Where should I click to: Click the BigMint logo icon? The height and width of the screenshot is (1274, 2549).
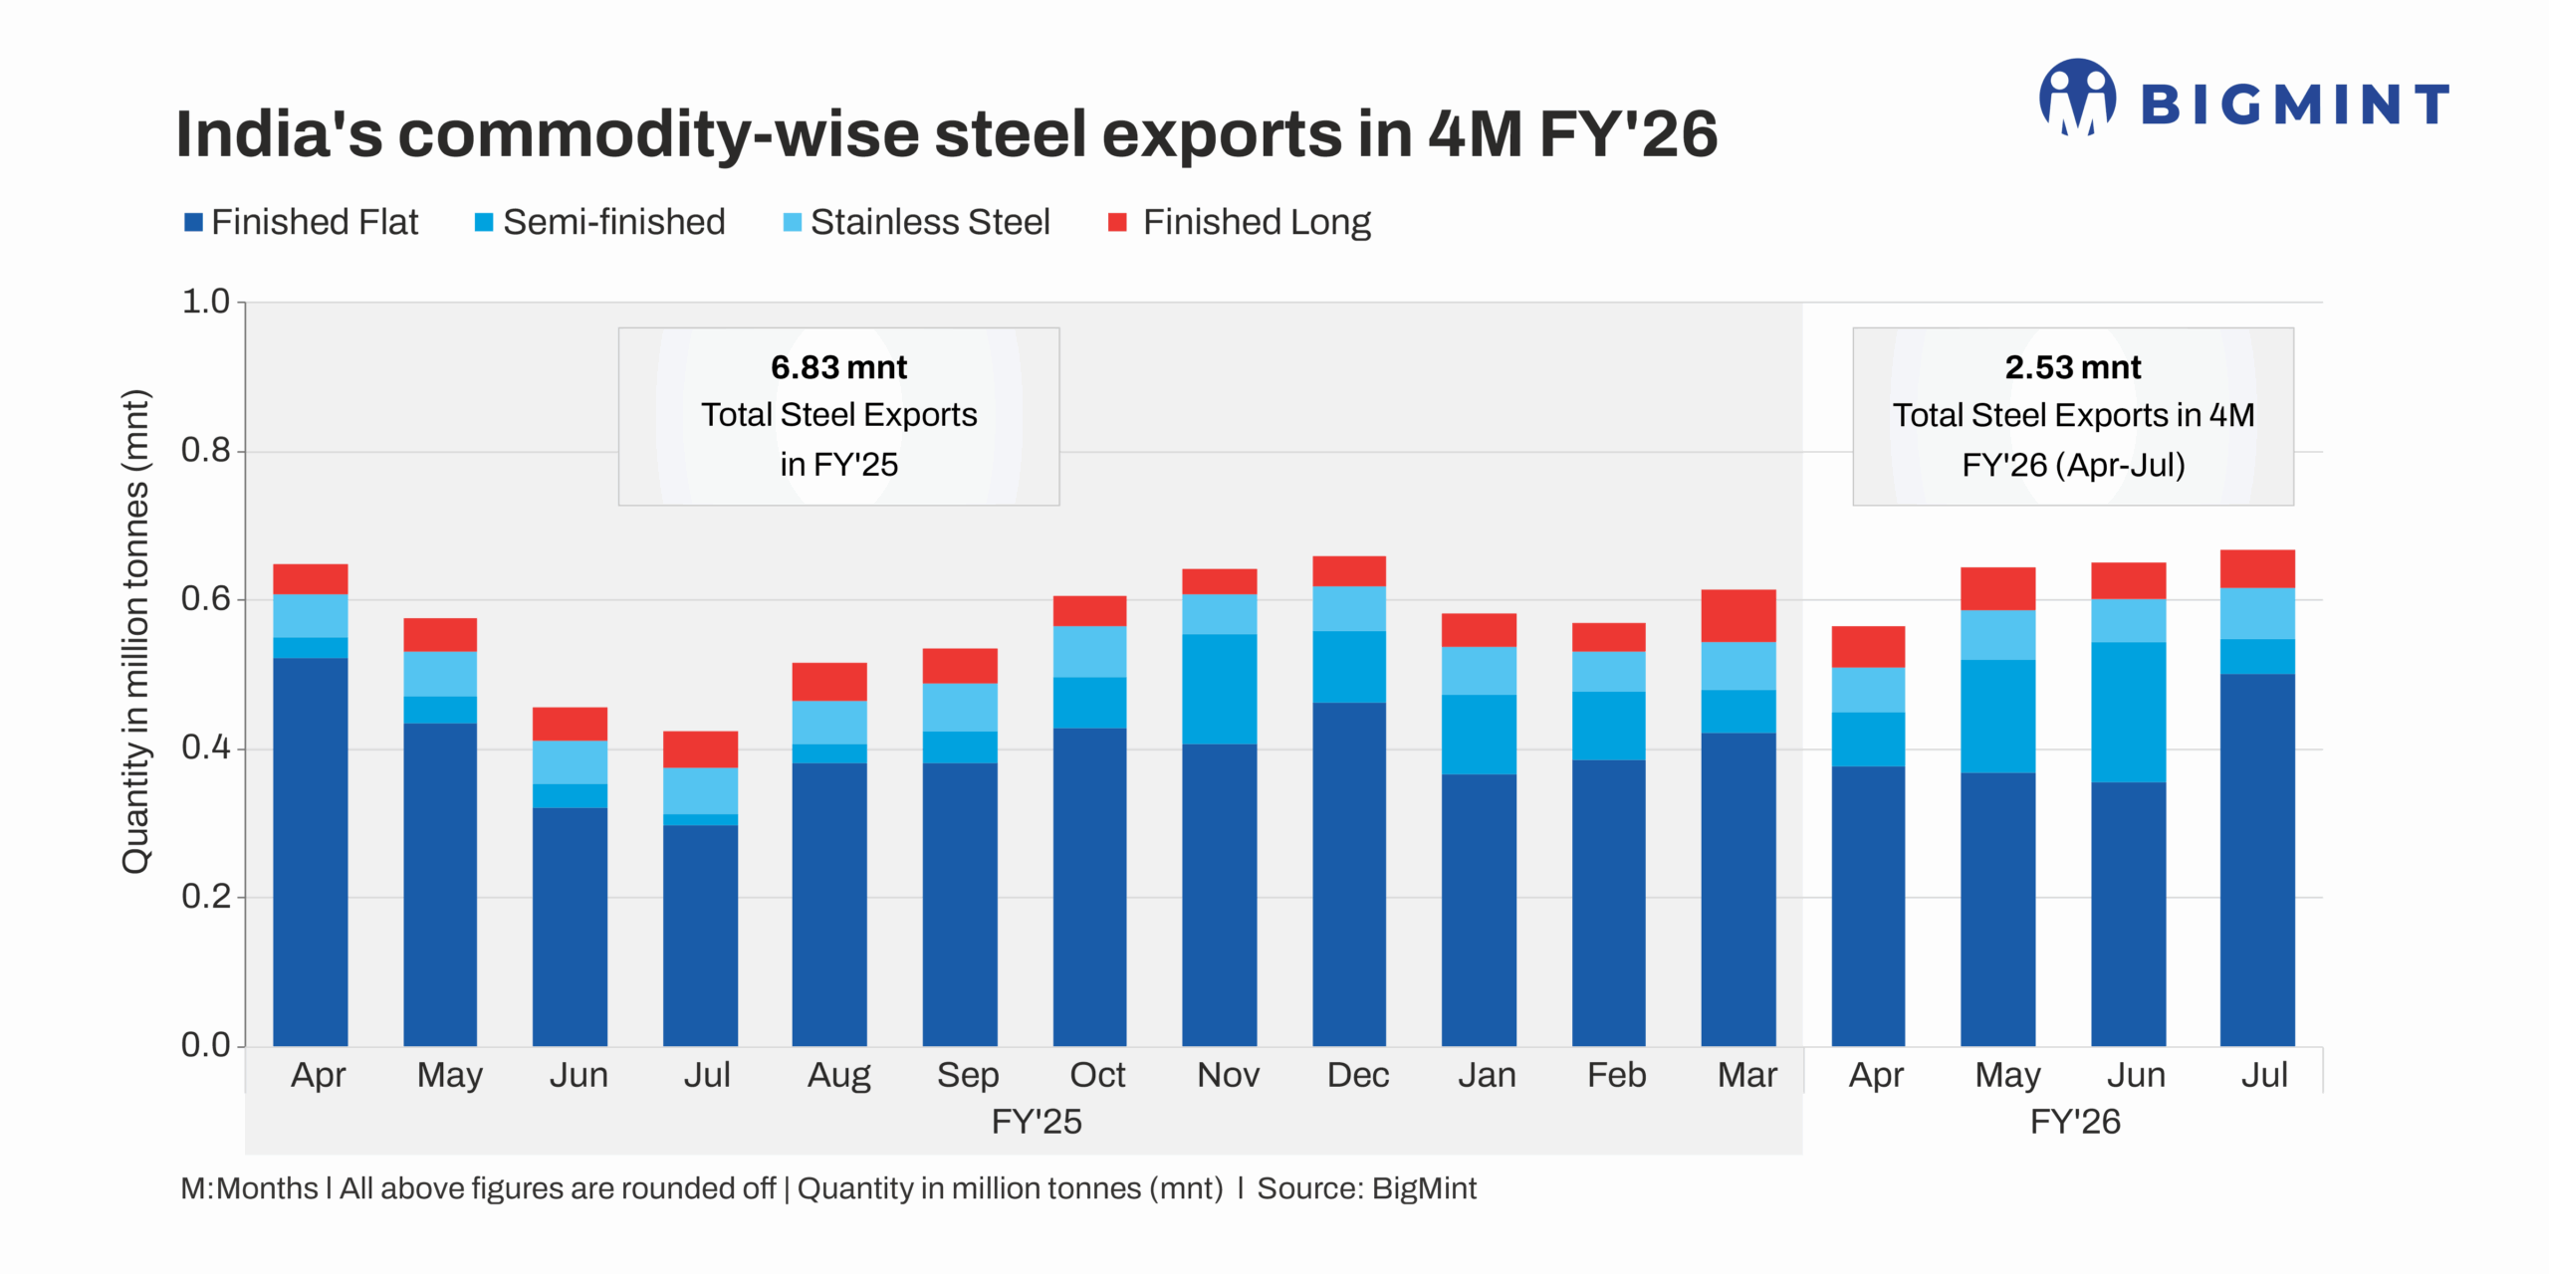point(2077,97)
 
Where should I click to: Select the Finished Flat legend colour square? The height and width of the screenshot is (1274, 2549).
point(193,222)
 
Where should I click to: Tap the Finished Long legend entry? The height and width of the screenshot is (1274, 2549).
point(1256,222)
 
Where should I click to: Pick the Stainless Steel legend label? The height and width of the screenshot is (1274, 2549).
point(929,222)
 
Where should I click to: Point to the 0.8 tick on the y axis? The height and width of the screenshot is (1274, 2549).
point(205,451)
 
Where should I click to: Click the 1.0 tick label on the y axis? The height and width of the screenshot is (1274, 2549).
point(205,302)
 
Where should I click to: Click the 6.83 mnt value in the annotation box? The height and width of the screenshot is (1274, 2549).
point(838,367)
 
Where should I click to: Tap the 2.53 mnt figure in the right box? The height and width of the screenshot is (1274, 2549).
point(2072,367)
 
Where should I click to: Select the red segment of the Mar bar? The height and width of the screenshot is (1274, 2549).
point(1738,615)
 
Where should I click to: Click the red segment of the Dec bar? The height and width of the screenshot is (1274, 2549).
point(1348,570)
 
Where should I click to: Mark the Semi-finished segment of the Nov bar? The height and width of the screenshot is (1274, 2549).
point(1219,689)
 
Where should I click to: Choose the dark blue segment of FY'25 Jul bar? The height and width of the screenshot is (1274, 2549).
point(700,936)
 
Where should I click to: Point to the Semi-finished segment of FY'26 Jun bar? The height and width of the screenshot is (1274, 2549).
point(2128,712)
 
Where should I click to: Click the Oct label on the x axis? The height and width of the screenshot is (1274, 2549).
point(1097,1075)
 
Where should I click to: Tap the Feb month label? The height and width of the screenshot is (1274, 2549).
point(1616,1075)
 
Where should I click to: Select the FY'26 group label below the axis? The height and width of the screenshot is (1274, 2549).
point(2074,1122)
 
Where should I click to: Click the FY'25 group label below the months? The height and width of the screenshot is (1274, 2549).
point(1036,1122)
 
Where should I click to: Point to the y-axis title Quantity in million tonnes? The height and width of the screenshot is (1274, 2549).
point(135,632)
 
